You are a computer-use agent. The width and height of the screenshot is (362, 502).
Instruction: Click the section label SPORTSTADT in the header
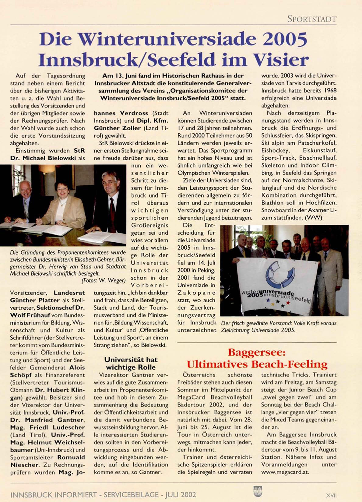pyautogui.click(x=312, y=19)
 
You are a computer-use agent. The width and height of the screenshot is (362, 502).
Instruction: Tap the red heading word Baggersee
pyautogui.click(x=257, y=353)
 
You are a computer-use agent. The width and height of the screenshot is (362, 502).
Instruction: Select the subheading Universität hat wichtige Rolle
pyautogui.click(x=131, y=363)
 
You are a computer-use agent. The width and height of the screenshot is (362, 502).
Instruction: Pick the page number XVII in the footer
pyautogui.click(x=331, y=495)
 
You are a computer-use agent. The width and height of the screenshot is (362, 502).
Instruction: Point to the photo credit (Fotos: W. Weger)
pyautogui.click(x=104, y=280)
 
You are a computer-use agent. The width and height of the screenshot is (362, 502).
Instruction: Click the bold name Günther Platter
pyautogui.click(x=35, y=300)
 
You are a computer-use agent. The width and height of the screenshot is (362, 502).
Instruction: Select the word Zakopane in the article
pyautogui.click(x=196, y=293)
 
